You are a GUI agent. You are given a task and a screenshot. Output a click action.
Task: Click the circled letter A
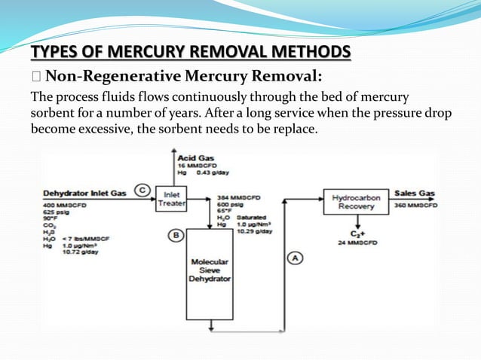click(296, 258)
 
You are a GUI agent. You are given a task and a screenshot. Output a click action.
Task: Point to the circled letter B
click(176, 235)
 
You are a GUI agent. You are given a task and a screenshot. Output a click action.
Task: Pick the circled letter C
click(141, 190)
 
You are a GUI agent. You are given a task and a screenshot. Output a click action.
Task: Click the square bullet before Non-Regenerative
click(35, 75)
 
